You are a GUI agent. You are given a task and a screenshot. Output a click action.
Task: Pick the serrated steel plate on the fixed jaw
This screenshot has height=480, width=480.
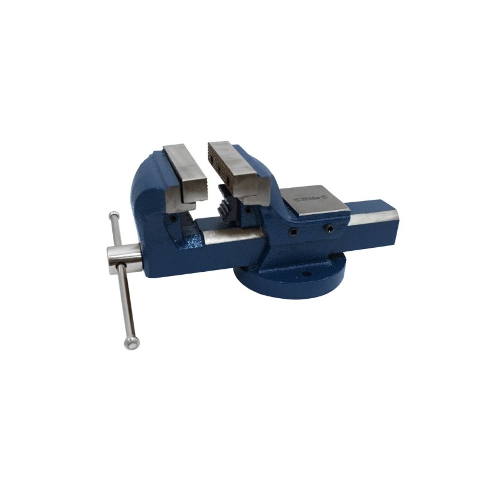coord(231,168)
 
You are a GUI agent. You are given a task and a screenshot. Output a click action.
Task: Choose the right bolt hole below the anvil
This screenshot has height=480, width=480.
coord(328,228)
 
